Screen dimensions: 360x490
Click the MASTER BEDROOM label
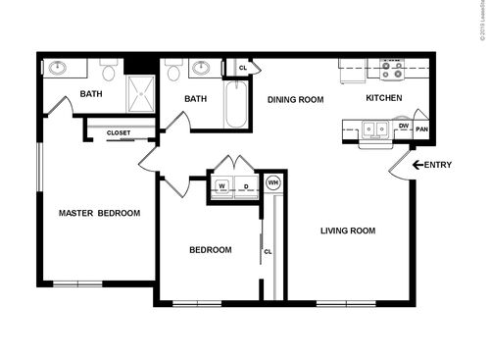99,213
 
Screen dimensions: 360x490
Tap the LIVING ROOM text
348,231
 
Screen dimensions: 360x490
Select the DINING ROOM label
295,99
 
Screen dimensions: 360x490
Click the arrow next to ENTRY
416,165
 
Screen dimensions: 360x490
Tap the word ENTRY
438,165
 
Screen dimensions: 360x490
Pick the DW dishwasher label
403,127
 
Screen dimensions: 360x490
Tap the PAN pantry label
421,129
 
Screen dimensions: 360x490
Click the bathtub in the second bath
236,107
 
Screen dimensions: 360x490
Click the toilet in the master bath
109,73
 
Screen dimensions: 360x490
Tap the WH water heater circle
273,182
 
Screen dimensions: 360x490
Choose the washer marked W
222,186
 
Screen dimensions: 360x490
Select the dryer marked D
246,186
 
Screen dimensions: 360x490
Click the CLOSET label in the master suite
118,131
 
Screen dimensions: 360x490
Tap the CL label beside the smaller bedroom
267,251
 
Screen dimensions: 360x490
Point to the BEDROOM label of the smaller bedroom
210,250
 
